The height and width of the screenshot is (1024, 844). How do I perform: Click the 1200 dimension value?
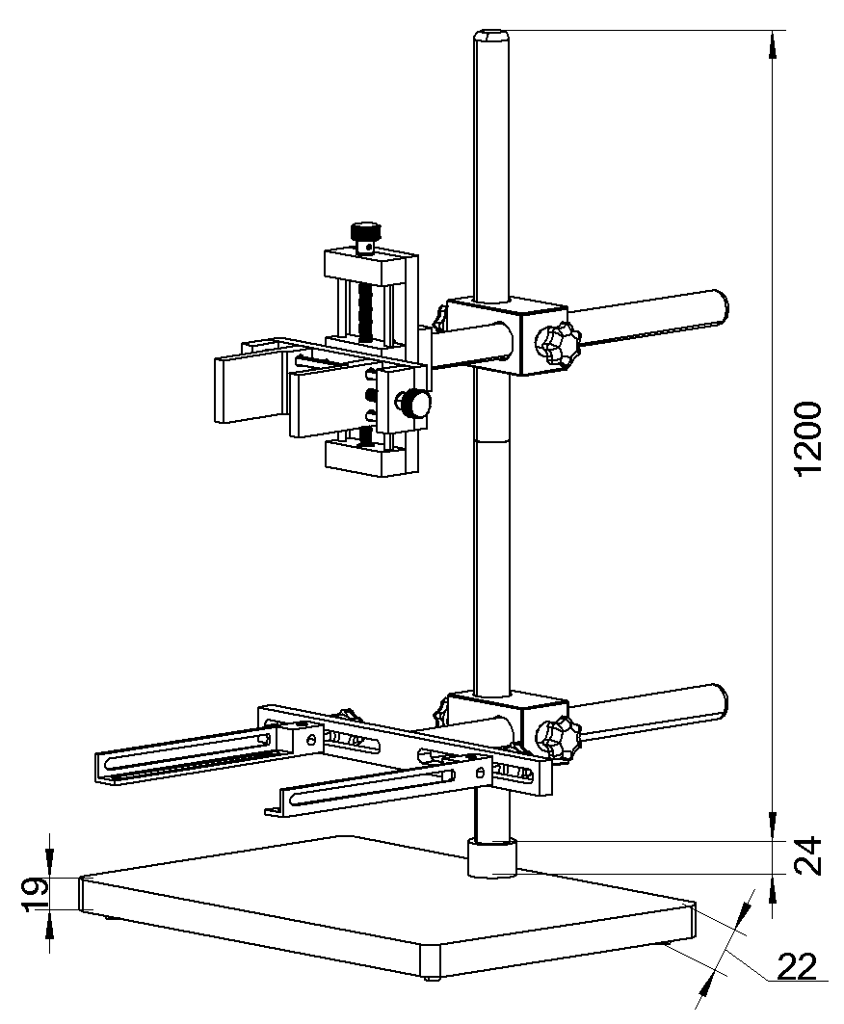(807, 437)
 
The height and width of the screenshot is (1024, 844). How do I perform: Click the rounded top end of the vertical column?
(491, 38)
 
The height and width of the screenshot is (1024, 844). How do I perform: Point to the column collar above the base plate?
(492, 857)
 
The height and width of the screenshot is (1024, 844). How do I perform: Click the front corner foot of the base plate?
(430, 961)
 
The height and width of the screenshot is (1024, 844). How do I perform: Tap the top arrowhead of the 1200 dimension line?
(773, 41)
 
